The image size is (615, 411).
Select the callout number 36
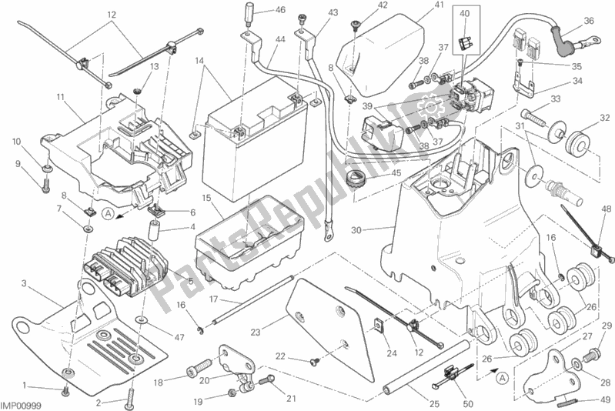[x=589, y=21]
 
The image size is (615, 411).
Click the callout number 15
[x=206, y=198]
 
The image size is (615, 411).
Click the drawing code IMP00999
[x=22, y=403]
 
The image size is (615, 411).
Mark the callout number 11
[x=59, y=96]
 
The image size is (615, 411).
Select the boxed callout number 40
[x=464, y=14]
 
